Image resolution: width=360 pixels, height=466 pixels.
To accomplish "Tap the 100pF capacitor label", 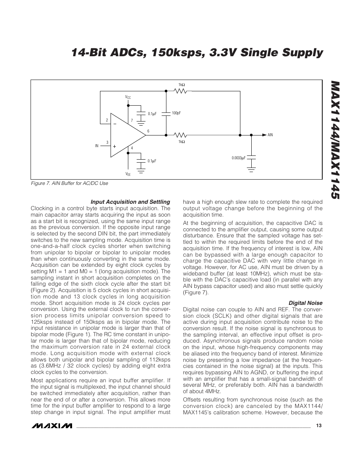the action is tap(176, 113).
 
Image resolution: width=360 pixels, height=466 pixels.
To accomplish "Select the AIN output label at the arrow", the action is tap(270, 135).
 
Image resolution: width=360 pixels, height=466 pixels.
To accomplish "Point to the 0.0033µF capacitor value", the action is tap(238, 158).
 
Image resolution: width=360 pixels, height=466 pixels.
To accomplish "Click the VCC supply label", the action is tap(128, 97).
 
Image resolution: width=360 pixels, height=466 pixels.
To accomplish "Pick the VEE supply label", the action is tap(128, 174).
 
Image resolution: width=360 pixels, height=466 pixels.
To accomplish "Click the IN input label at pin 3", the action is tap(97, 146).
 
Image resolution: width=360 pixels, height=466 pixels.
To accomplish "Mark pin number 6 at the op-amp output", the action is tap(148, 131).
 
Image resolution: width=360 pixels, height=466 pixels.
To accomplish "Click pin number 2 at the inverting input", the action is tap(107, 120).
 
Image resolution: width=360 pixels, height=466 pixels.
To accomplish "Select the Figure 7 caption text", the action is tap(69, 183).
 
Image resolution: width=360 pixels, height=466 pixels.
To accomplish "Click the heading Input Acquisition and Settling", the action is tap(130, 202).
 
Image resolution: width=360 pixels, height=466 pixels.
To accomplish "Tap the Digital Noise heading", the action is tap(305, 303).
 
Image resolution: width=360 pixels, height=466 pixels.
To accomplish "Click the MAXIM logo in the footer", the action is tap(52, 426).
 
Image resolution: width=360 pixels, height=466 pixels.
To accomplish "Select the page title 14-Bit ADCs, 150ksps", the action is tap(197, 53).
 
